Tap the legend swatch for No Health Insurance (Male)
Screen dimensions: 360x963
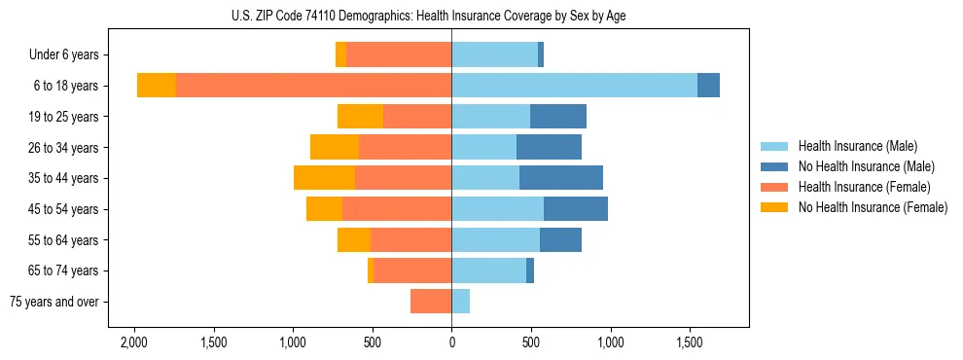775,166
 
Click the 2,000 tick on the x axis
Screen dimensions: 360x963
133,342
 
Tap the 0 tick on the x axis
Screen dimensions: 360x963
451,342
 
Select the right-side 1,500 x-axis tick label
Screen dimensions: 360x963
690,342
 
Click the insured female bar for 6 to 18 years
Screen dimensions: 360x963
313,86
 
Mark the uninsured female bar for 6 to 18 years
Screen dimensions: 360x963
157,86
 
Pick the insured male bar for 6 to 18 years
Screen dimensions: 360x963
574,86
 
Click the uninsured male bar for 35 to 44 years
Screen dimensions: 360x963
561,178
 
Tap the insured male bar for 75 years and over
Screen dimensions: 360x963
461,302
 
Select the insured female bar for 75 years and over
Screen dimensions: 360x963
431,302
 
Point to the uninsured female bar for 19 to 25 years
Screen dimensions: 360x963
360,117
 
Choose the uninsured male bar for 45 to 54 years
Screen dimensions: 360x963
576,209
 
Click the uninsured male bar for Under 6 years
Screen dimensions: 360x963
541,55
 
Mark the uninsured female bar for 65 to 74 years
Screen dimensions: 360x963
371,270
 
